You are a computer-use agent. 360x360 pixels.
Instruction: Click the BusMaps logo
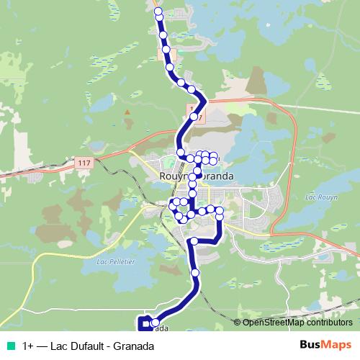(x=325, y=346)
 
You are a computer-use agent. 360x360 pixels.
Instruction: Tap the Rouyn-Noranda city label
(x=195, y=174)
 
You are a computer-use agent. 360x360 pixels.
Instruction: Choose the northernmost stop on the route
(x=158, y=11)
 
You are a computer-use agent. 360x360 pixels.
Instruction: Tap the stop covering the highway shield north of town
(x=194, y=116)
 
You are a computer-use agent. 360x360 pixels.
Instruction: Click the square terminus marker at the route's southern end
(x=143, y=324)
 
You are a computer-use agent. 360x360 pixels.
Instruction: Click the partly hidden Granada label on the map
(x=161, y=329)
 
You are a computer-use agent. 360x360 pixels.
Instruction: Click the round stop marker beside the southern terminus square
(x=155, y=323)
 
